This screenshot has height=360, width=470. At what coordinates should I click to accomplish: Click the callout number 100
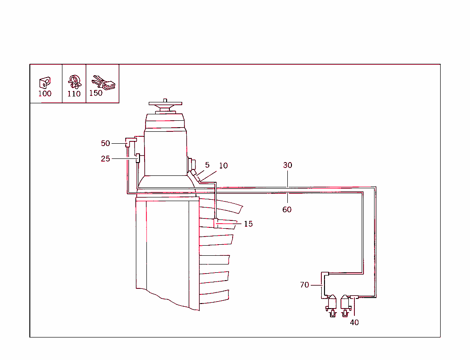[45, 94]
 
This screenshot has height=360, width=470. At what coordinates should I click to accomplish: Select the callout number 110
[74, 94]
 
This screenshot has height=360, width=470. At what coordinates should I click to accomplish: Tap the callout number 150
[96, 93]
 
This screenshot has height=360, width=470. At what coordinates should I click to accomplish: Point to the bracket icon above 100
[45, 82]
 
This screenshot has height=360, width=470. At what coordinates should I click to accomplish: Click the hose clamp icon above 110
[74, 82]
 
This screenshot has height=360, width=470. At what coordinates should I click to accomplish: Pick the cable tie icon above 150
[103, 83]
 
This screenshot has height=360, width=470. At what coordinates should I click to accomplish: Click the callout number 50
[106, 143]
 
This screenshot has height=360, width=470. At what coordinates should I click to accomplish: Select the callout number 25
[106, 159]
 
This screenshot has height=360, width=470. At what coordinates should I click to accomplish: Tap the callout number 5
[207, 165]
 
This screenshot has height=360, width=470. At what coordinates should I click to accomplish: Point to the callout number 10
[223, 165]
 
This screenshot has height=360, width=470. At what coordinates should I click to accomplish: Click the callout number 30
[287, 165]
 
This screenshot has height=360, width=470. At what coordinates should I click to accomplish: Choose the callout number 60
[287, 209]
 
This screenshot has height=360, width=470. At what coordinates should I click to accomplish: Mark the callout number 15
[248, 224]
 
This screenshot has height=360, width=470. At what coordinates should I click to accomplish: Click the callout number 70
[304, 285]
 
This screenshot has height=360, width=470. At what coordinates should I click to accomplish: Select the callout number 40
[354, 322]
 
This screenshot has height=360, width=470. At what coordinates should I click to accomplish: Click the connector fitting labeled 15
[216, 223]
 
